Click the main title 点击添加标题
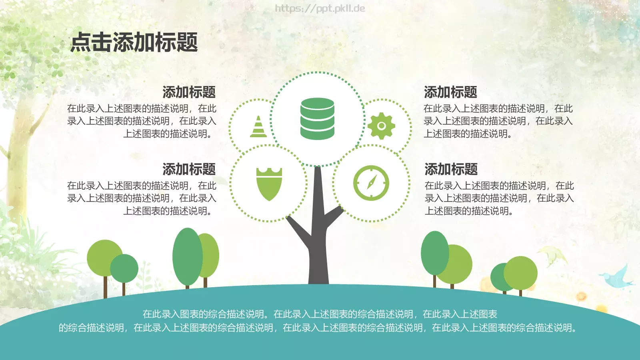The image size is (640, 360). coord(134,42)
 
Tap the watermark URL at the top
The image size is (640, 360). coord(320,8)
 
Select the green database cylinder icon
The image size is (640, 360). coord(317,119)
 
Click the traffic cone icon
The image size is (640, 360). coord(258,127)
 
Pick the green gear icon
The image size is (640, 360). coord(381,126)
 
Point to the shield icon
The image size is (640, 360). coord(269,184)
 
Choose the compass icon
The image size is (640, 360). coord(371,183)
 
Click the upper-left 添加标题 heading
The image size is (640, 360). coord(189,92)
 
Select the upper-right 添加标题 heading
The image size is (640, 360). coord(450,92)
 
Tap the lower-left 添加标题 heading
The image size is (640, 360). coord(189,169)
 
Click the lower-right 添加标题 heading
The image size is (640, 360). coord(451,169)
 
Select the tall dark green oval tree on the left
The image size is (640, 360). coord(187,256)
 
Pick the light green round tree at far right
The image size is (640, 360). coord(521,273)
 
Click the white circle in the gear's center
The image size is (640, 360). coord(381,126)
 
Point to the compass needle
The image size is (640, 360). coord(371,183)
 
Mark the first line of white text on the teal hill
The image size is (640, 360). coord(320,314)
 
